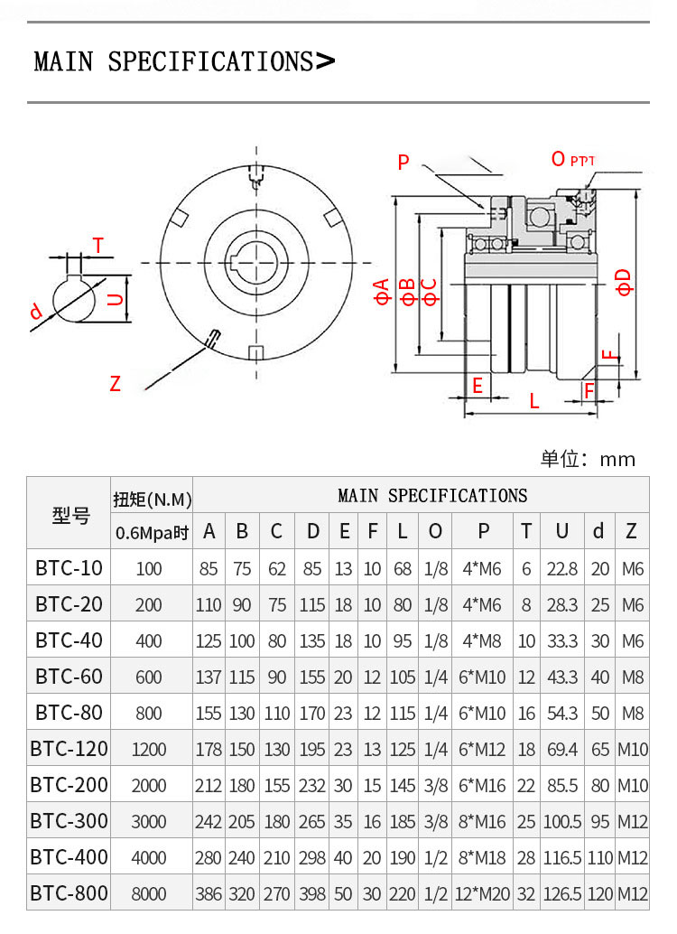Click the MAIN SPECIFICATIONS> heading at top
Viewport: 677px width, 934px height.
click(x=184, y=61)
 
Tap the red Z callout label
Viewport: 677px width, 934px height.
click(x=115, y=384)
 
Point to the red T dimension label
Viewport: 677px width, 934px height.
click(x=98, y=246)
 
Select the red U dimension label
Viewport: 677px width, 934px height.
click(x=115, y=299)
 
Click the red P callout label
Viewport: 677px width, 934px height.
click(x=403, y=163)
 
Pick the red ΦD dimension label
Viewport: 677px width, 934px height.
click(x=624, y=281)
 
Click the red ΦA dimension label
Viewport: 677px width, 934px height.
click(x=383, y=292)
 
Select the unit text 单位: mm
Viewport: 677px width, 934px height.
click(x=588, y=459)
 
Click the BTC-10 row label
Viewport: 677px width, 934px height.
click(x=69, y=568)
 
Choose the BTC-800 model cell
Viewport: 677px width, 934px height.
click(x=69, y=893)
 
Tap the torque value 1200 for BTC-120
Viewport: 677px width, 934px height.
click(x=149, y=749)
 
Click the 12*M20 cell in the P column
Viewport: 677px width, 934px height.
click(x=484, y=893)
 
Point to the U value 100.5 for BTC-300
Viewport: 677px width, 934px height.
click(x=561, y=821)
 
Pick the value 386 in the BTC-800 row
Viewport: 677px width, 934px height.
click(x=209, y=893)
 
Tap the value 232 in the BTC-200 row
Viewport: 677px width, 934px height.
click(x=312, y=785)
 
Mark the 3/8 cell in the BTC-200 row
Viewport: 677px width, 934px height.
click(x=435, y=785)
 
